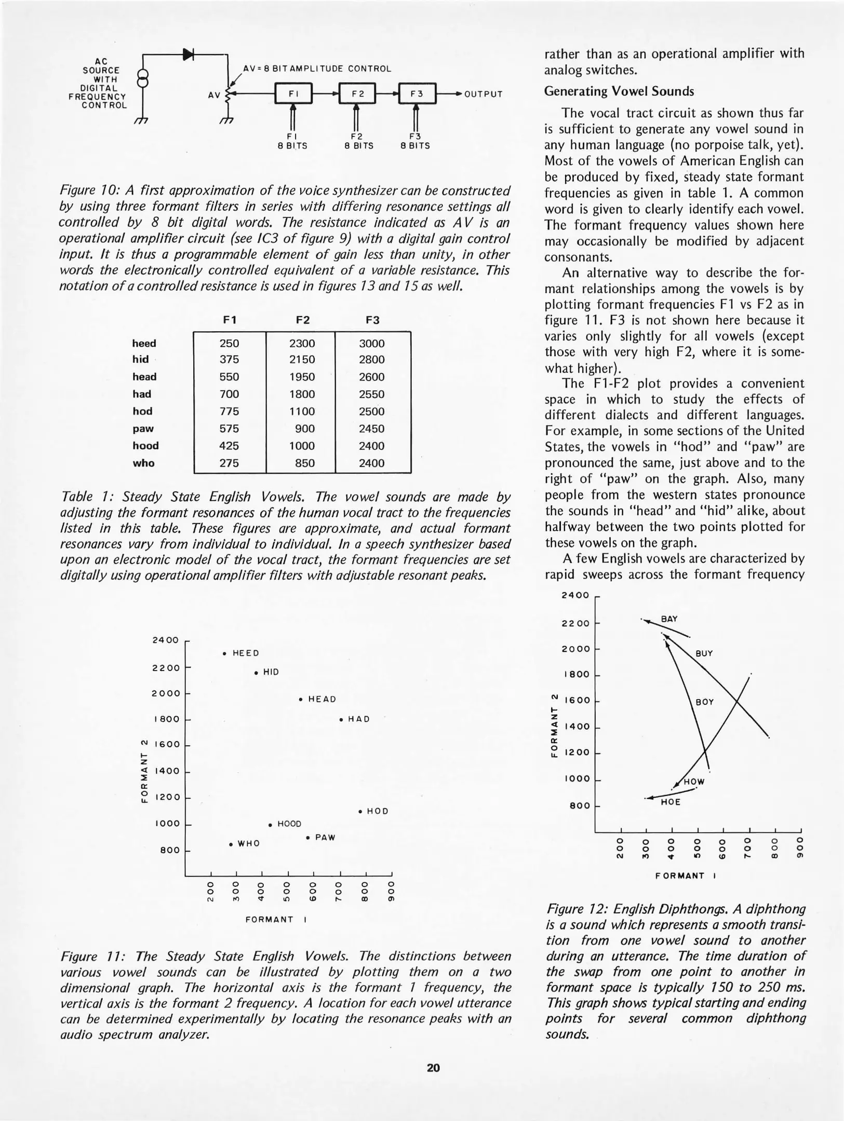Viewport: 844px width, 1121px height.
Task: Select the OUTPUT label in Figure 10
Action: click(x=483, y=94)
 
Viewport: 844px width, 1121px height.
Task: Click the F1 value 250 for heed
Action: click(x=229, y=344)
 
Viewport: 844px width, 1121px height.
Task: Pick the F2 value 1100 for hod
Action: click(x=302, y=412)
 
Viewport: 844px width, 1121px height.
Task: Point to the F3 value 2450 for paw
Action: click(x=372, y=429)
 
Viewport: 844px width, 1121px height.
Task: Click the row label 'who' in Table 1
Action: click(x=143, y=463)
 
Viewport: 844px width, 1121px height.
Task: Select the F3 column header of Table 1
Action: click(x=372, y=320)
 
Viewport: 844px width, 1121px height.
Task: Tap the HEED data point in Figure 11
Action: click(x=224, y=653)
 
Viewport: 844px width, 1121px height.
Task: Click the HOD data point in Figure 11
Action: click(x=360, y=811)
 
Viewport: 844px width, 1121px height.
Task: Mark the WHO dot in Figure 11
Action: click(x=231, y=844)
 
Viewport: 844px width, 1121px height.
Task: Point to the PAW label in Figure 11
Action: click(x=325, y=838)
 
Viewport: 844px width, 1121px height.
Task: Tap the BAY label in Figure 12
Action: click(x=669, y=619)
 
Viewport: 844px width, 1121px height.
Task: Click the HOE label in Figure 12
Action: click(x=671, y=802)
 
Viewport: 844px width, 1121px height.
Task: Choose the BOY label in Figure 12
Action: click(x=705, y=702)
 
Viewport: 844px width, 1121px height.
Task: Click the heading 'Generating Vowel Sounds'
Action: click(x=619, y=91)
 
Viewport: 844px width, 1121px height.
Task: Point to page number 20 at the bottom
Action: click(x=433, y=1068)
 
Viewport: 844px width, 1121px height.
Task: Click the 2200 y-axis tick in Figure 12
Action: click(x=575, y=623)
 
